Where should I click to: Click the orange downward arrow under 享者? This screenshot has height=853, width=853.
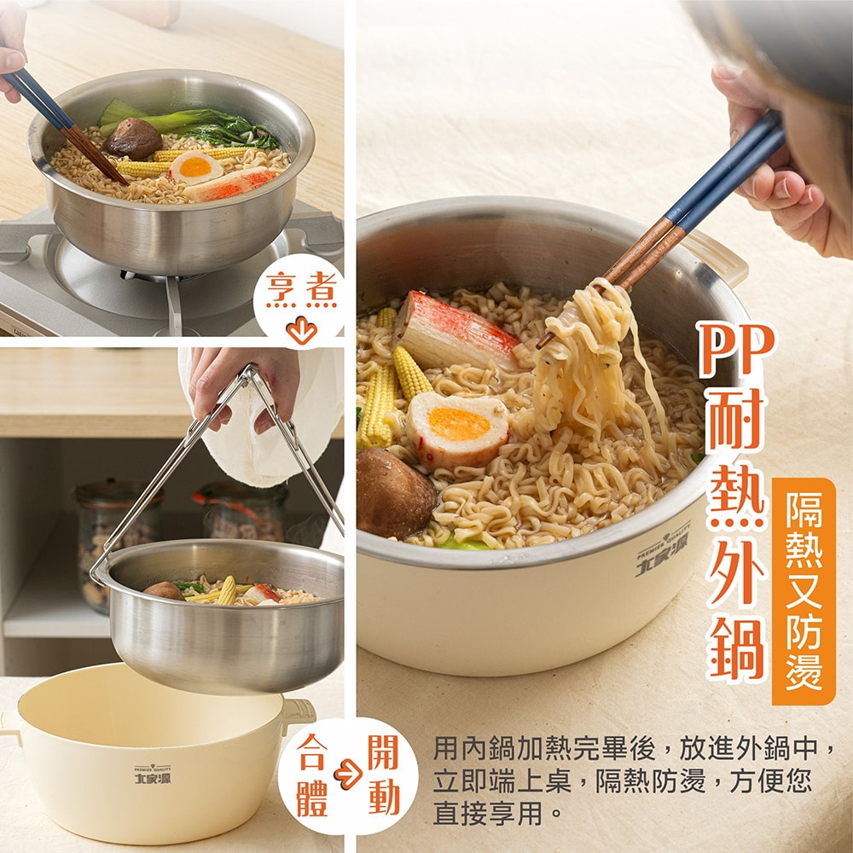301,329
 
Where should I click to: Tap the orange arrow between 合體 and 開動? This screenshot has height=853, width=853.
348,774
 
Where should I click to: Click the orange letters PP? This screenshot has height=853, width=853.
736,349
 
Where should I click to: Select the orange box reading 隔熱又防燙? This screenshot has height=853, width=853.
804,591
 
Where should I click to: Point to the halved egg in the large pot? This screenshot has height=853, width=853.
457,429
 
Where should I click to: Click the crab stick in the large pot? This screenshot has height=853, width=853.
456,331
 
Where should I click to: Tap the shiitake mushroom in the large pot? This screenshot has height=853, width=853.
396,494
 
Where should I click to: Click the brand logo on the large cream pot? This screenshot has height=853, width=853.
663,550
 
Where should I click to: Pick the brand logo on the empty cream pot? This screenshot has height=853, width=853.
153,775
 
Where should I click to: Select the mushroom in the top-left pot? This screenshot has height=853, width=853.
133,138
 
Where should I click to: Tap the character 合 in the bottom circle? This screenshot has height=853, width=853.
311,753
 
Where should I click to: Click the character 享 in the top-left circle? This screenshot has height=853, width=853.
281,288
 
